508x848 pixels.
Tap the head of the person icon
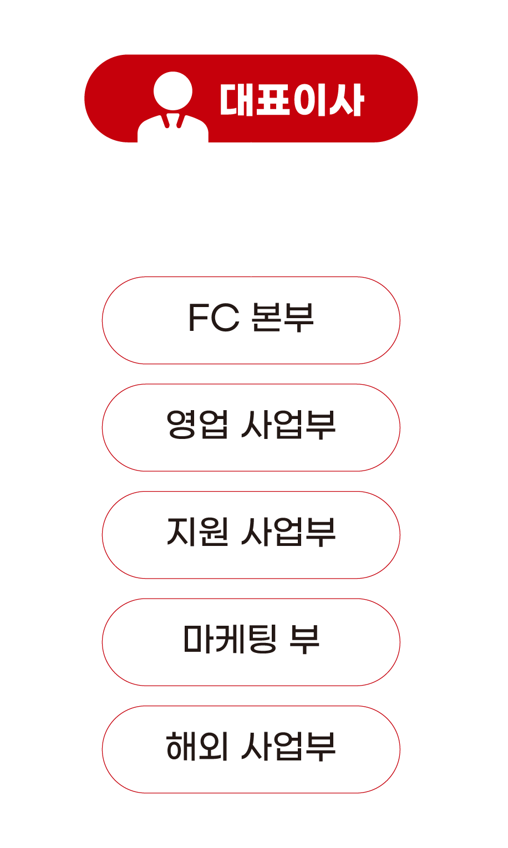[x=172, y=90]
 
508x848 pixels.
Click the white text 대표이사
[x=291, y=100]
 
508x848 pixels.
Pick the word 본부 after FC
[x=282, y=318]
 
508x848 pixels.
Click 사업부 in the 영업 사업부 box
[x=288, y=426]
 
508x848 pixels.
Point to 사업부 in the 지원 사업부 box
[x=288, y=533]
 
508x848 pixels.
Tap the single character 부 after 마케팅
[x=304, y=640]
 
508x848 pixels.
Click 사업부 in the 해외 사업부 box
[x=288, y=747]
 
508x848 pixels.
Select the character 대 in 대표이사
[x=237, y=100]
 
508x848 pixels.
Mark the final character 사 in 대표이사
[x=346, y=100]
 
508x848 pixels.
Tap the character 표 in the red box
[x=273, y=100]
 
